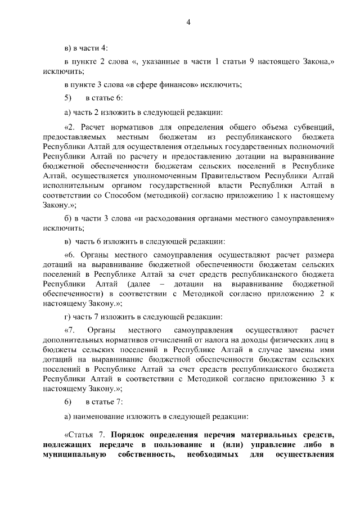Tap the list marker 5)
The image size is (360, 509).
tap(68, 98)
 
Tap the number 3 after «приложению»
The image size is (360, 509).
tap(317, 381)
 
